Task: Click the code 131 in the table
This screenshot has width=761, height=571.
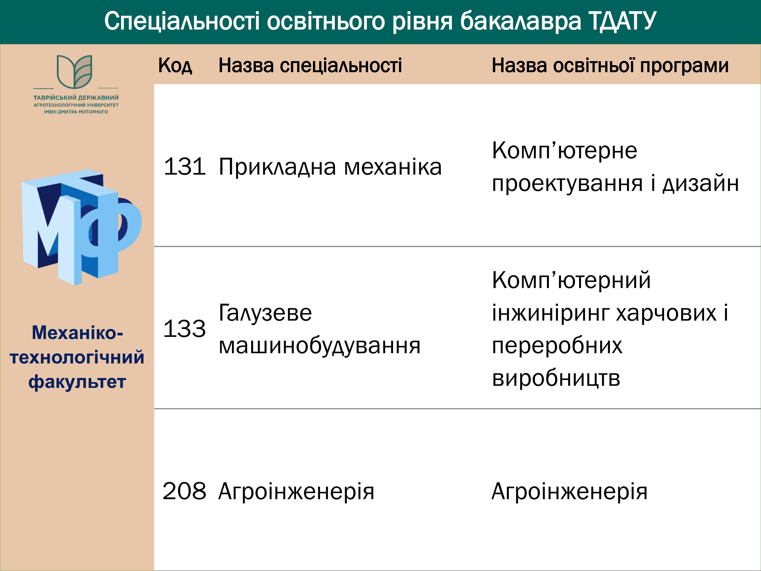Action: (185, 167)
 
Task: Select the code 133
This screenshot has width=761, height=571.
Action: (185, 329)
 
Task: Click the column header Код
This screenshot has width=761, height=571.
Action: (175, 65)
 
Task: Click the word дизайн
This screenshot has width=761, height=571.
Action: (701, 183)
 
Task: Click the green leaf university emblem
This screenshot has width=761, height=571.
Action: (75, 72)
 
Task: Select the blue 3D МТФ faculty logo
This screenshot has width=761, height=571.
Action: (82, 227)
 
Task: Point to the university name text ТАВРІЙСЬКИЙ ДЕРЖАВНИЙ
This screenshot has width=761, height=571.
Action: (76, 98)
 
